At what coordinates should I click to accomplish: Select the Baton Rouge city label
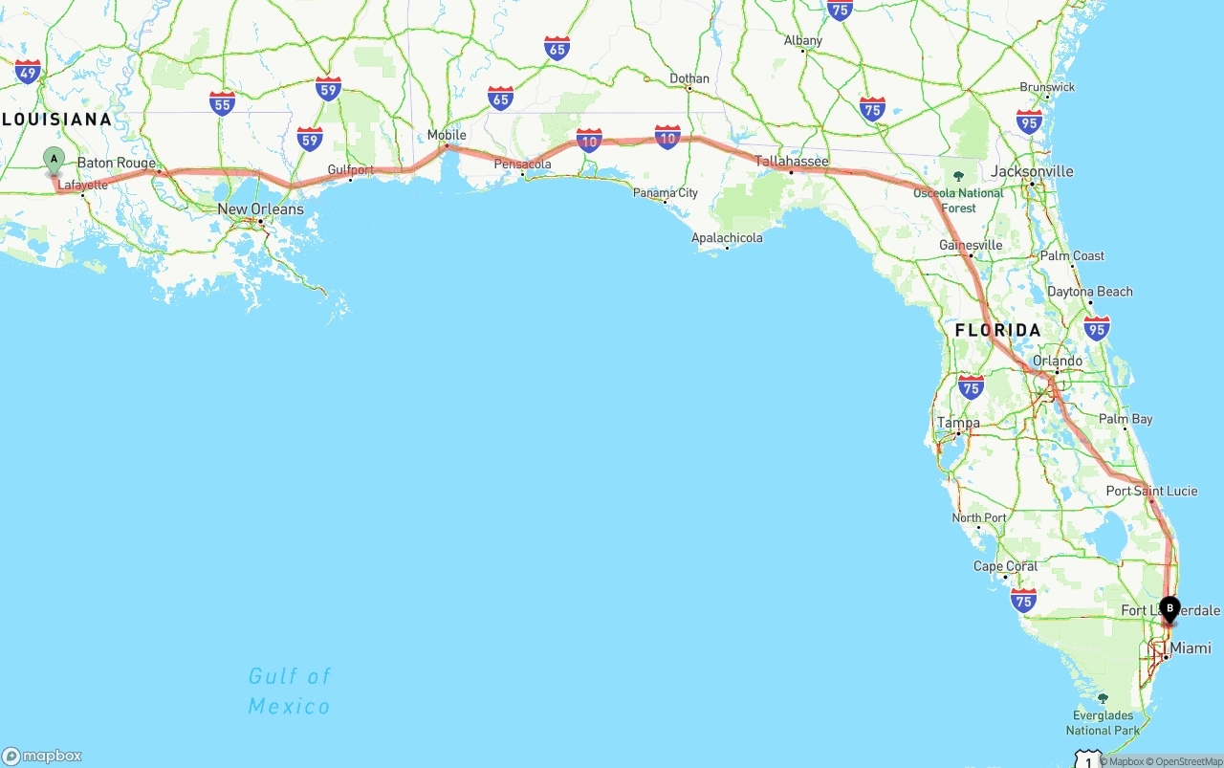(116, 163)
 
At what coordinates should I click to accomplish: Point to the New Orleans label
(260, 208)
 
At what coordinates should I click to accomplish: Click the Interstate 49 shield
(28, 72)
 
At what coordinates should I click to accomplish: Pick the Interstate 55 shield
(223, 103)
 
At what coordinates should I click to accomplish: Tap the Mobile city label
(447, 135)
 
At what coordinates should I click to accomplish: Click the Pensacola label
(522, 165)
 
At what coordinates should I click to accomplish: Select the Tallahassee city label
(792, 162)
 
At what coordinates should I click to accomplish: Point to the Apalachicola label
(727, 237)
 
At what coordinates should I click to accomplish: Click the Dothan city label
(689, 78)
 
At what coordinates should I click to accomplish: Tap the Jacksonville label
(1033, 172)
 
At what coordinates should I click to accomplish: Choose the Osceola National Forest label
(958, 200)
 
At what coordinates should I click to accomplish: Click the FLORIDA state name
(997, 330)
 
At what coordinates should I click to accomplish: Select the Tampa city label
(958, 423)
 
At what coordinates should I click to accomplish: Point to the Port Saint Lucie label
(1151, 491)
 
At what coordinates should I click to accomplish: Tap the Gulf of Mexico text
(289, 691)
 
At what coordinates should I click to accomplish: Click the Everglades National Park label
(1103, 722)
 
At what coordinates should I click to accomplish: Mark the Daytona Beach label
(1089, 292)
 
